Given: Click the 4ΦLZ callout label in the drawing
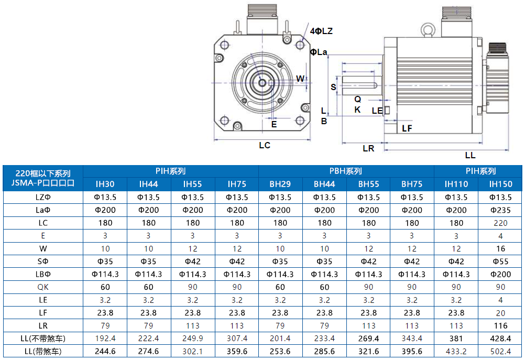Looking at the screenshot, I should [x=321, y=31].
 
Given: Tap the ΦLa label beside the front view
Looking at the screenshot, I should [x=318, y=52].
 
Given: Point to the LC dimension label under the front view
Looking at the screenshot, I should [x=265, y=145].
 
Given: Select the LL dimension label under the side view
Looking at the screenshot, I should [x=470, y=155].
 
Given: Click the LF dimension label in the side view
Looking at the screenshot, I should [x=407, y=128].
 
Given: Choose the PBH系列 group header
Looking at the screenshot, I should [x=346, y=171].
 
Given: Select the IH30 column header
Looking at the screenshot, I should [x=105, y=184].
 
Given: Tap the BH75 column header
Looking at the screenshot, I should [x=412, y=184].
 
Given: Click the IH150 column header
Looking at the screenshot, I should [x=500, y=184].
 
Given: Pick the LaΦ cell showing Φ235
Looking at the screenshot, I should [x=500, y=210].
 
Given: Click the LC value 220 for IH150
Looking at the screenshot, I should [x=500, y=223].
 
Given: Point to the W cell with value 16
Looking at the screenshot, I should [x=500, y=248].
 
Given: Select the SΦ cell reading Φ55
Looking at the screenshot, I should [x=500, y=261].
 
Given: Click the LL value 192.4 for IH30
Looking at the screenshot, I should [x=105, y=339].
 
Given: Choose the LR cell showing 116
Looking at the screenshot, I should [x=500, y=326].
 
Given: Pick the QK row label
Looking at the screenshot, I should [x=43, y=287].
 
